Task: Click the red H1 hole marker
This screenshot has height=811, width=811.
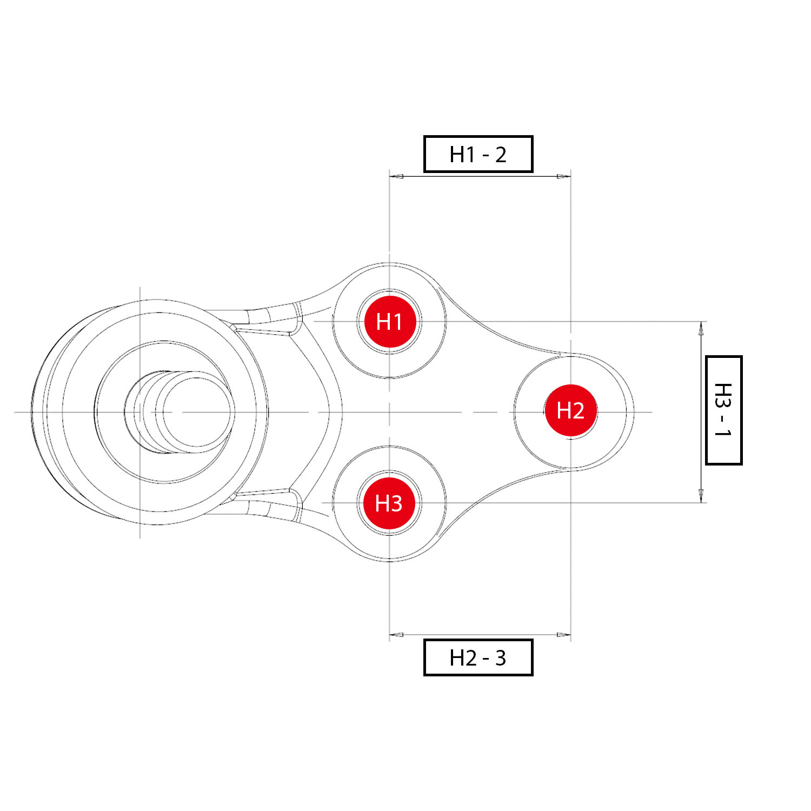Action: pyautogui.click(x=389, y=322)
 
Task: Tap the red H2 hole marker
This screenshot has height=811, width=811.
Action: pyautogui.click(x=571, y=410)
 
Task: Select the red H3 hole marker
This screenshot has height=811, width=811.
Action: pyautogui.click(x=389, y=503)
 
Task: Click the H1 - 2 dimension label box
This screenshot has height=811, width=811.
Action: pyautogui.click(x=478, y=154)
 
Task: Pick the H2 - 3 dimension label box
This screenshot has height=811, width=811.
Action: pyautogui.click(x=478, y=657)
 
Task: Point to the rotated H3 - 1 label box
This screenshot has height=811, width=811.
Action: pyautogui.click(x=723, y=410)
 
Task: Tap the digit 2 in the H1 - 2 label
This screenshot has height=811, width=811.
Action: pyautogui.click(x=501, y=155)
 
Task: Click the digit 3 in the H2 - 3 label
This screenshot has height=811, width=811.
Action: pyautogui.click(x=501, y=658)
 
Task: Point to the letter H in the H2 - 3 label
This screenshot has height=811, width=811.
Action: pyautogui.click(x=457, y=658)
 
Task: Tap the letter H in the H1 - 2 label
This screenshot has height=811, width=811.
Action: pyautogui.click(x=457, y=155)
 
